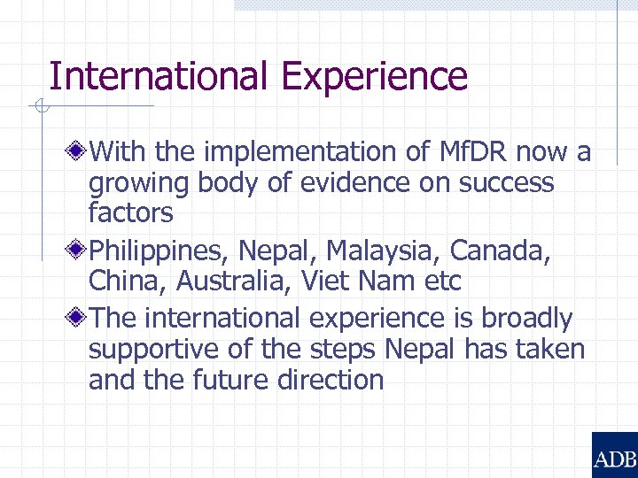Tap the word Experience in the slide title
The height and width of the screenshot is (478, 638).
[x=374, y=77]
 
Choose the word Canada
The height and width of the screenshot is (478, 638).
[x=500, y=251]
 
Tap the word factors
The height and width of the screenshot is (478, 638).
[x=130, y=213]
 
